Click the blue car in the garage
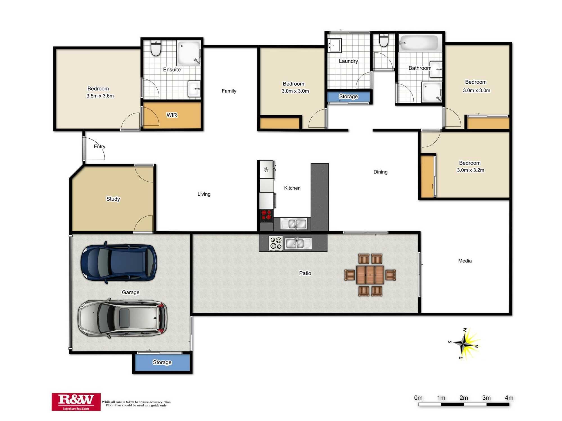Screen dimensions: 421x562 119,262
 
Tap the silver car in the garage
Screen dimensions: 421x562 123,318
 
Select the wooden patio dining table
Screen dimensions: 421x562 370,275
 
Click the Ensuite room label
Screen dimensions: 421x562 172,70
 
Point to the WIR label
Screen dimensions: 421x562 172,115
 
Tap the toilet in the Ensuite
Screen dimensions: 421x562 156,48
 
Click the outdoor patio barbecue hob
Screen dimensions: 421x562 275,243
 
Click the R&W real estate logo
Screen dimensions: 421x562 76,402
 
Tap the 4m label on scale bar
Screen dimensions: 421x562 509,398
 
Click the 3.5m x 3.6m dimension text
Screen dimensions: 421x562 100,96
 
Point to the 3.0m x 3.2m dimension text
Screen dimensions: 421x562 470,170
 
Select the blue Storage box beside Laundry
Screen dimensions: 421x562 348,97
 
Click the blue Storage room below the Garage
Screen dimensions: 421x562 162,362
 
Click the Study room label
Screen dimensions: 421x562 113,199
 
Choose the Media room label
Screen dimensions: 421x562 465,261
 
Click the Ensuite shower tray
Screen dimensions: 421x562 188,53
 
